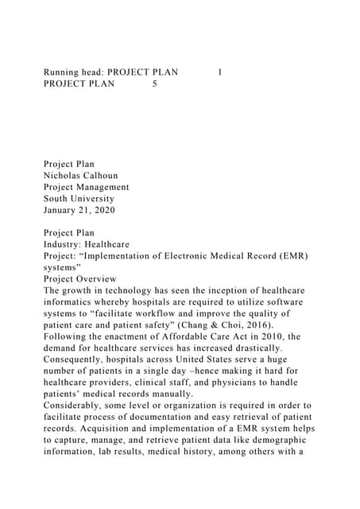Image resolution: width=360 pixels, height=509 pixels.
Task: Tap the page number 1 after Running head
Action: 219,72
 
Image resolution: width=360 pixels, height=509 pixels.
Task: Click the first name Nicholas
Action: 64,176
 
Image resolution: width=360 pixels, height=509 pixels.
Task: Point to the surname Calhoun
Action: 110,176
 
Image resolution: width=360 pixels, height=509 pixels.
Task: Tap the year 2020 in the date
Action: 103,210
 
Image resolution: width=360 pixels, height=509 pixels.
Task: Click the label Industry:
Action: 65,245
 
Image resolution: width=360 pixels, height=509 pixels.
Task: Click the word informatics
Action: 72,302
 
